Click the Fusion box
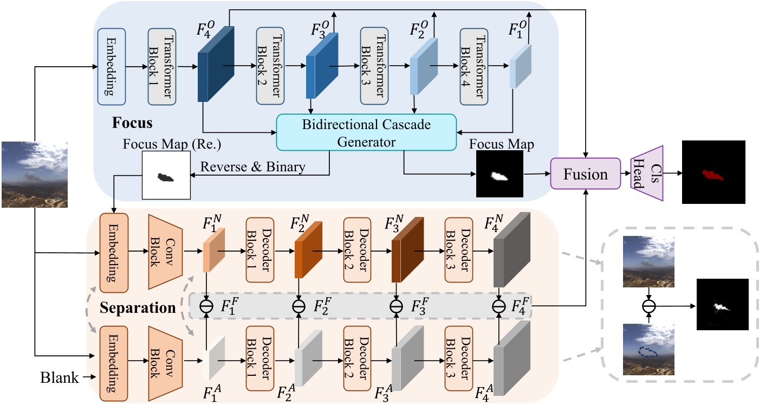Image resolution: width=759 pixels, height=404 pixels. (585, 174)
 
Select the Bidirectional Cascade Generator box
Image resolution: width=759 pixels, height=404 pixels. (366, 133)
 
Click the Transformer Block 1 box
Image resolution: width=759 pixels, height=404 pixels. (163, 67)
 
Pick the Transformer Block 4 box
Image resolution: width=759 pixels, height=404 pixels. (475, 67)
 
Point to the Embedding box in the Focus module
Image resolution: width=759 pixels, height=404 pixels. (112, 67)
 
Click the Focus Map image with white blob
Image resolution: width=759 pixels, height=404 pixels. (499, 174)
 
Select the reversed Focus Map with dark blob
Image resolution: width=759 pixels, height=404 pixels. (166, 175)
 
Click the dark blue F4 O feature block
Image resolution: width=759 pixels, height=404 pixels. (215, 65)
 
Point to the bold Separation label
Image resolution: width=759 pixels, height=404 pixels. (138, 309)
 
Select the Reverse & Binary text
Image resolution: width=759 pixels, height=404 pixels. (253, 167)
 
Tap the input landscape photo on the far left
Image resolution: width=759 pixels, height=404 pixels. (35, 174)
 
